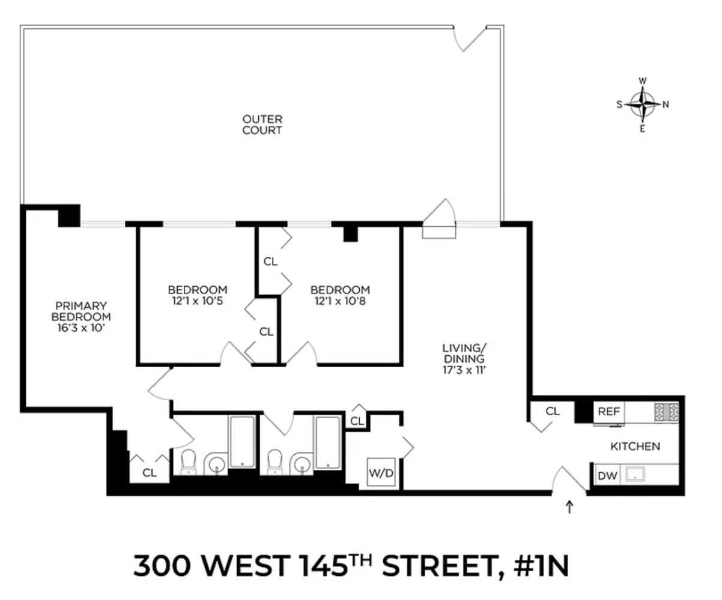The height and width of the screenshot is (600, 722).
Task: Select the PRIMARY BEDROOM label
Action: tap(81, 317)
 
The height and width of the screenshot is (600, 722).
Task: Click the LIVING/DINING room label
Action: tap(463, 359)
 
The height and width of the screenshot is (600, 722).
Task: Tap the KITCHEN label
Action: tap(635, 446)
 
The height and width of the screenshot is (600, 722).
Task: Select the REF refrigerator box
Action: tap(608, 413)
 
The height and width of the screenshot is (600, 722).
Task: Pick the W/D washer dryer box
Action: tap(381, 473)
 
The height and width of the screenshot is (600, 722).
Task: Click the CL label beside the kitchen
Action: tap(553, 412)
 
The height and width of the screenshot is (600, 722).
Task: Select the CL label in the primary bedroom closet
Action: tap(149, 473)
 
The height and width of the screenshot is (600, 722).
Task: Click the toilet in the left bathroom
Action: tap(189, 461)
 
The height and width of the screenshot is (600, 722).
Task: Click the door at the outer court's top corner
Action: tap(470, 37)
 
